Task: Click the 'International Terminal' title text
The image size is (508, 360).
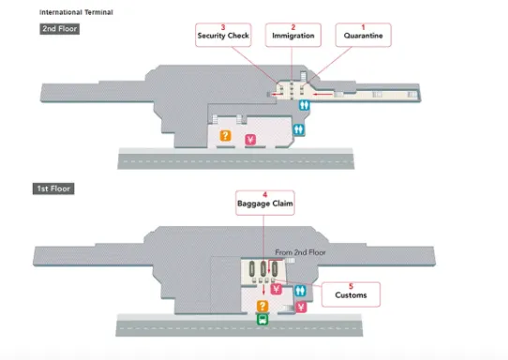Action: [76, 12]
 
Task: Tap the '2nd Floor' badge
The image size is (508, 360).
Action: [60, 29]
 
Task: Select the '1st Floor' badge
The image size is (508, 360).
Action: [53, 188]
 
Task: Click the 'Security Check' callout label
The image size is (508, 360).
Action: [223, 36]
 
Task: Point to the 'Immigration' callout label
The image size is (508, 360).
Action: [293, 36]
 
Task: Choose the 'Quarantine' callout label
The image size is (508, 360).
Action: [363, 36]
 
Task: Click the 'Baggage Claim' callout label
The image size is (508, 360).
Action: [265, 203]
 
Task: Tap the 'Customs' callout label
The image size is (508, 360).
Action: [351, 295]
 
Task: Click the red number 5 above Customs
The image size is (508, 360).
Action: [351, 287]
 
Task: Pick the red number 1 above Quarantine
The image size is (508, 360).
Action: [363, 27]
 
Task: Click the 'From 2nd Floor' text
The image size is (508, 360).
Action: [300, 252]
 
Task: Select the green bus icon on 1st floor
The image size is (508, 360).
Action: [262, 320]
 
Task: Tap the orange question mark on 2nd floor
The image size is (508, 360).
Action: [226, 135]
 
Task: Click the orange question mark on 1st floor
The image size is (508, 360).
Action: [262, 306]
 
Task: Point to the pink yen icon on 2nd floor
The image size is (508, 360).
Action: [250, 140]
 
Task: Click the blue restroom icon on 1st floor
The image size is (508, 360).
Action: [300, 291]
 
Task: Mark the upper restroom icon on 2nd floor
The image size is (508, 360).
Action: [305, 105]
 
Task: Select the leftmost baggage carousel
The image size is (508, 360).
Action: [252, 269]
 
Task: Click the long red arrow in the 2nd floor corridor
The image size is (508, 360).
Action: [323, 95]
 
